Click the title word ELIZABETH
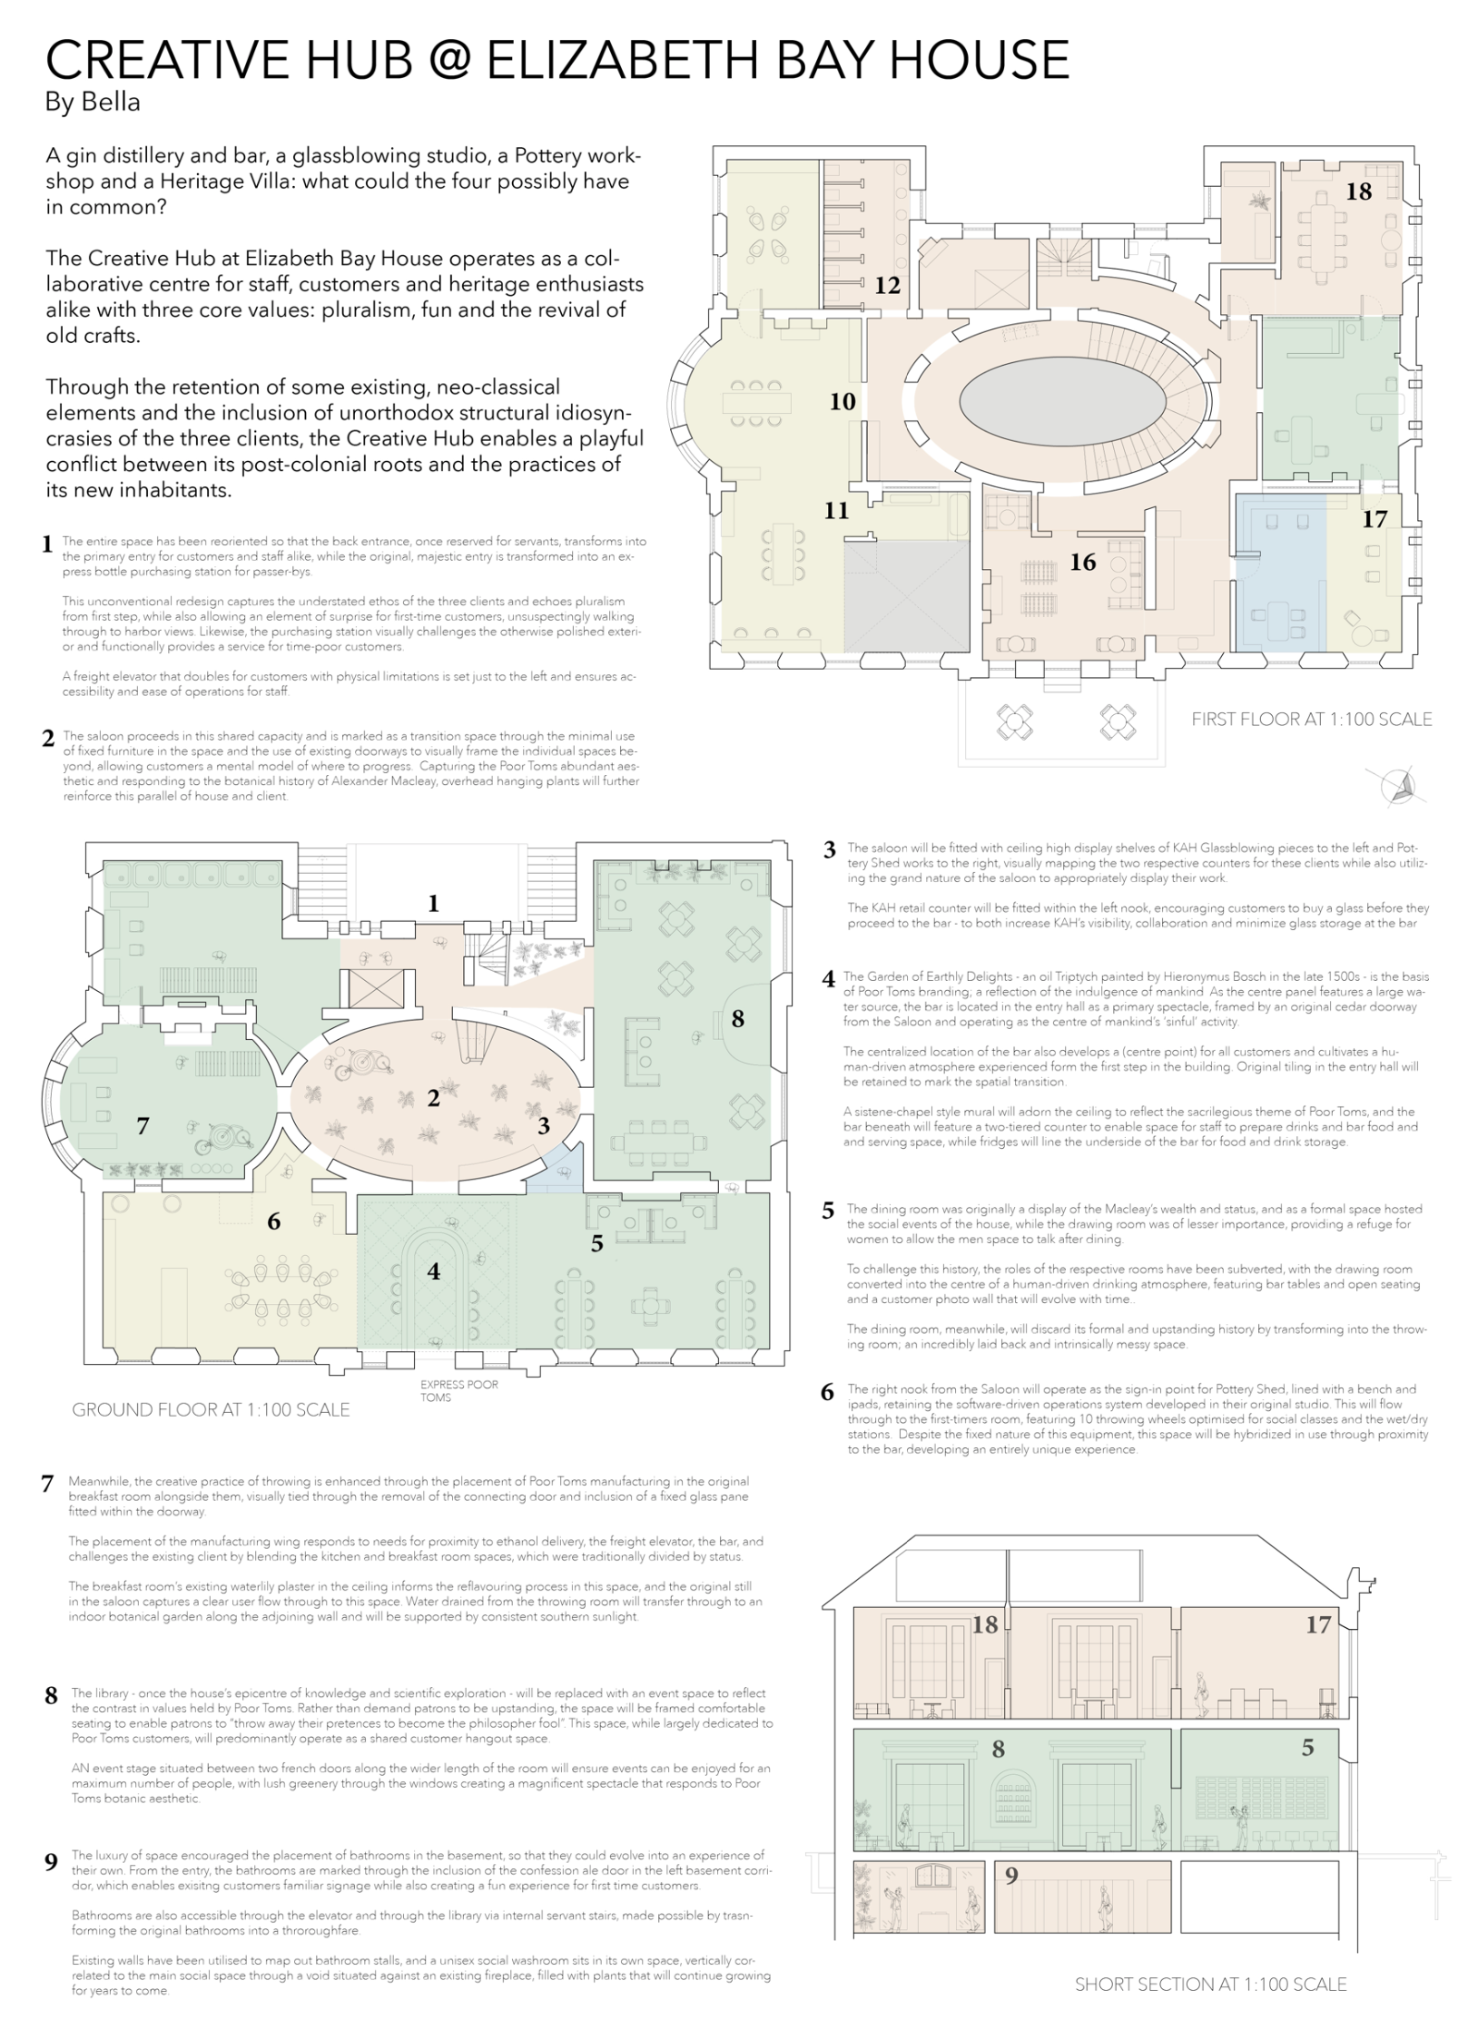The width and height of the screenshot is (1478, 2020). click(x=621, y=60)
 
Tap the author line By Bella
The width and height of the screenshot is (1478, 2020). click(x=93, y=103)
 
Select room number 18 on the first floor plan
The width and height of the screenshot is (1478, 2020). click(x=1358, y=191)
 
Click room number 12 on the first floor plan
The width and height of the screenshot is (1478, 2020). click(x=887, y=285)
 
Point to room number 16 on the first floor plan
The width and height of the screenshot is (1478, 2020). click(x=1082, y=562)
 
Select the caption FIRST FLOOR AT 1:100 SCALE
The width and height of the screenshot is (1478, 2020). click(x=1311, y=720)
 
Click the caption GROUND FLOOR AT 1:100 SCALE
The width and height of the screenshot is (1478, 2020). click(x=211, y=1409)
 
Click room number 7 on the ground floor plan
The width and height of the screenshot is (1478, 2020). click(x=143, y=1125)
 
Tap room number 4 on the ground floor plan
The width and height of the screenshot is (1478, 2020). click(x=434, y=1271)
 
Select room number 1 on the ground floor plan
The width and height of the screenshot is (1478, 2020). click(x=434, y=903)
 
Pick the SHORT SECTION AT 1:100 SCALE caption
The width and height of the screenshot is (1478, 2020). click(x=1210, y=1985)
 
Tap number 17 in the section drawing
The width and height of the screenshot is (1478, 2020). click(x=1318, y=1624)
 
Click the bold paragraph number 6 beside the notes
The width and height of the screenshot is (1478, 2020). click(x=827, y=1392)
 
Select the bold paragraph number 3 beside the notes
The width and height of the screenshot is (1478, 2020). click(x=829, y=850)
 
